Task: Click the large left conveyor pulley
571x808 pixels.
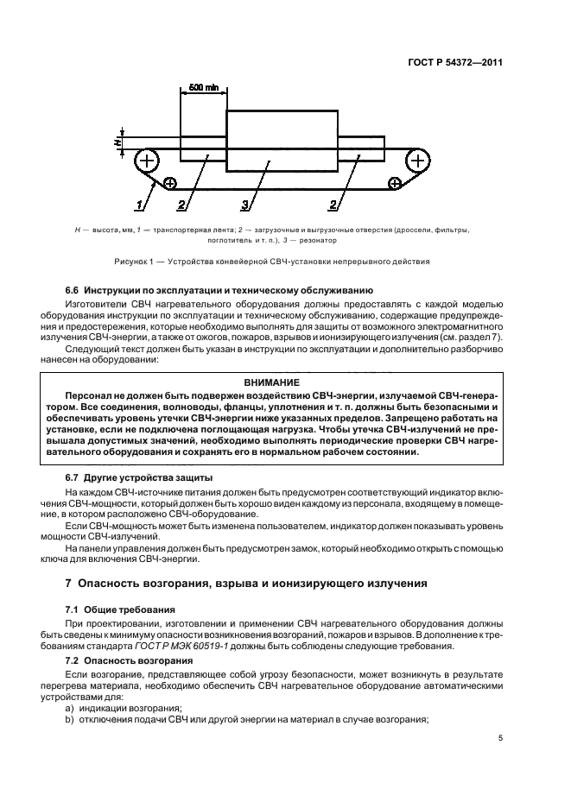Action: tap(148, 160)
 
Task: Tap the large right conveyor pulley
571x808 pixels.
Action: tap(417, 160)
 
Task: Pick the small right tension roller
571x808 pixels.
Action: tap(395, 183)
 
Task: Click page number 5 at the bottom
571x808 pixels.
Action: tap(501, 739)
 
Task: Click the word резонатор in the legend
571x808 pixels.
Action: tap(333, 242)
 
